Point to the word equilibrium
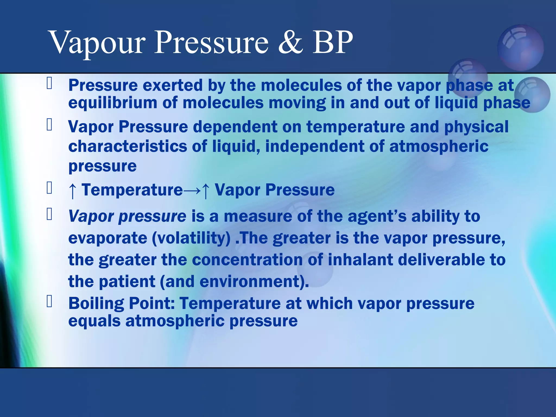[x=113, y=103]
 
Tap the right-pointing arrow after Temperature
[x=192, y=190]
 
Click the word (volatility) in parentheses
[x=191, y=238]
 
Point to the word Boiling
[x=96, y=304]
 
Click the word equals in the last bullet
[x=94, y=321]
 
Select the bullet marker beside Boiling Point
[x=49, y=301]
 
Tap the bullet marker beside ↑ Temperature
[x=49, y=188]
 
